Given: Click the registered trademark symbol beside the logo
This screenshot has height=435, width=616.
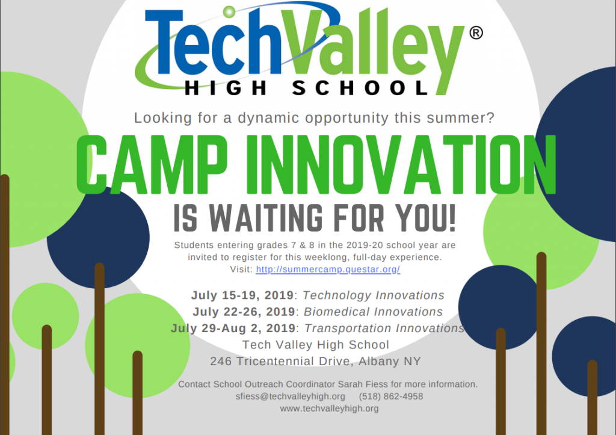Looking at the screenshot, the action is tap(476, 32).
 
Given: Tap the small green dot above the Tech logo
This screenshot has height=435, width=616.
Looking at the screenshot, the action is tap(229, 11).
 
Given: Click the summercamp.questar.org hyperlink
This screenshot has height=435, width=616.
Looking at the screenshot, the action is tap(328, 270).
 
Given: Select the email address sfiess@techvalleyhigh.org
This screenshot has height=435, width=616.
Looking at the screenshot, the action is tap(291, 396).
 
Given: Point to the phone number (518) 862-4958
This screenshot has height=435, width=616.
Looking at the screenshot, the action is tap(391, 396).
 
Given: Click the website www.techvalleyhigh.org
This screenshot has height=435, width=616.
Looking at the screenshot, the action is tap(329, 409).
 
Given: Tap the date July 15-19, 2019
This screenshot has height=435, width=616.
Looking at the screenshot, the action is tap(242, 295).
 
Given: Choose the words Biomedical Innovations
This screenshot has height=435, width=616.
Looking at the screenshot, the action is tap(373, 312).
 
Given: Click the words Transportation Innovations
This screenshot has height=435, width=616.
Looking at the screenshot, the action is tap(384, 329).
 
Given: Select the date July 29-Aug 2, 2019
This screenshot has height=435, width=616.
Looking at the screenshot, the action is tap(233, 329).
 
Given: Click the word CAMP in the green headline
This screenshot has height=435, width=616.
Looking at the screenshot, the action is tap(152, 164).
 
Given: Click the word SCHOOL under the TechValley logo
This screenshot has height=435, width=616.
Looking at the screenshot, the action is tap(360, 88).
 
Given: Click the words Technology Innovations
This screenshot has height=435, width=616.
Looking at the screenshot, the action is tap(373, 295).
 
